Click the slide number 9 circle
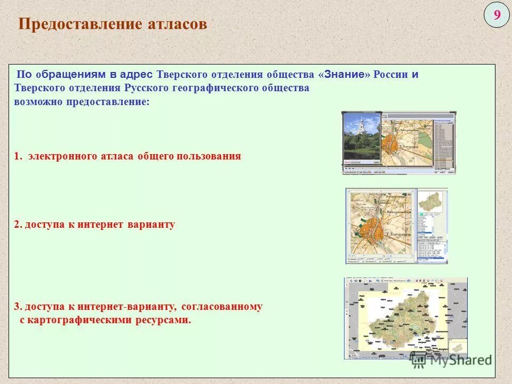[x=497, y=15]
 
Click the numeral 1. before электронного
[x=18, y=156]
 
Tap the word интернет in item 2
[x=100, y=225]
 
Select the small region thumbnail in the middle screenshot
[x=430, y=202]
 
